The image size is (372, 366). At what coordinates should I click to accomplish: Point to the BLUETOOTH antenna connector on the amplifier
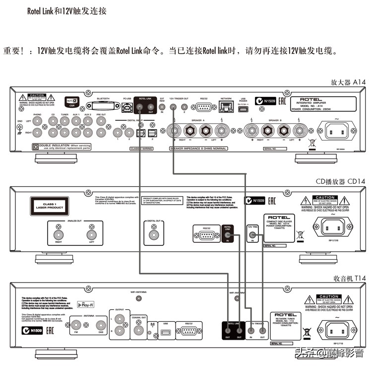[x=104, y=106]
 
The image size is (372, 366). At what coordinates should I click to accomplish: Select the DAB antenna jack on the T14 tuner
[x=101, y=326]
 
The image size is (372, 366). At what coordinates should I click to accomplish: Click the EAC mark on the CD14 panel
[x=272, y=201]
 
